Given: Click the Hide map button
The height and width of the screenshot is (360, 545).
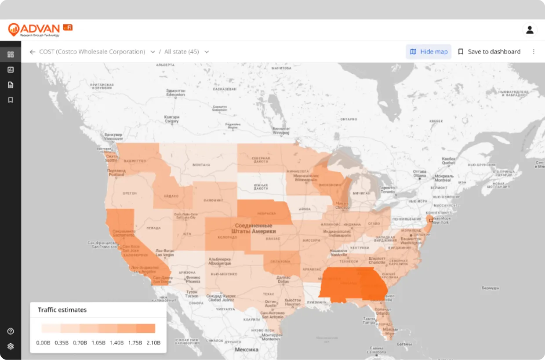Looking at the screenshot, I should pyautogui.click(x=429, y=51).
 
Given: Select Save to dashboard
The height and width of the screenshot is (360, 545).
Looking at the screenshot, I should pyautogui.click(x=489, y=51).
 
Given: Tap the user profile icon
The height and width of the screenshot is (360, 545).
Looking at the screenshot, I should pyautogui.click(x=530, y=30).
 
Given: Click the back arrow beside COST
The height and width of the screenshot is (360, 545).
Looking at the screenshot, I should pyautogui.click(x=32, y=52).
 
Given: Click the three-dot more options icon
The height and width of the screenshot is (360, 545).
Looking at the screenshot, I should pyautogui.click(x=534, y=51).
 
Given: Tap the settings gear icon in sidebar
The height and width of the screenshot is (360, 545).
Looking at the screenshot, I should pyautogui.click(x=11, y=346).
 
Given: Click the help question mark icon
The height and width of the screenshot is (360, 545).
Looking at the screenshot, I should pyautogui.click(x=11, y=331).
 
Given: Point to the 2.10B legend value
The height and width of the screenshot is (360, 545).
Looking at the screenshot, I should pyautogui.click(x=153, y=342).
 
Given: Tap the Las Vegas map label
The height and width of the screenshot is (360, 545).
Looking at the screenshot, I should pyautogui.click(x=165, y=253).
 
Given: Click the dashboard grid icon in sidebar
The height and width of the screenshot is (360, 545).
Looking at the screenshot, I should pyautogui.click(x=11, y=55).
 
